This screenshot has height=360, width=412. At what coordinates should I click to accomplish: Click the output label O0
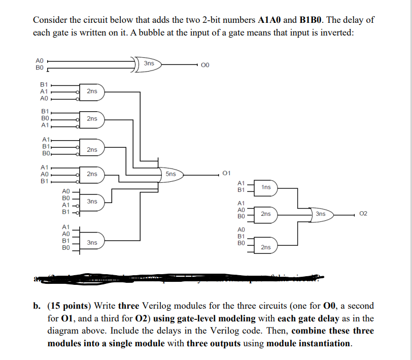pos(205,65)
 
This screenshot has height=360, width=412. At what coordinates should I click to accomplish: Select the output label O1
pos(227,174)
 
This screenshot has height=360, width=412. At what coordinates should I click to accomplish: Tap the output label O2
pos(362,214)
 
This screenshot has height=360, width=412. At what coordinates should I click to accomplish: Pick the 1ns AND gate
pos(266,187)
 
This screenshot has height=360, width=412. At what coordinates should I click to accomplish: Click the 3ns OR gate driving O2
pos(321,214)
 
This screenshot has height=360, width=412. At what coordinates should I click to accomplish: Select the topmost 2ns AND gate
pos(92,92)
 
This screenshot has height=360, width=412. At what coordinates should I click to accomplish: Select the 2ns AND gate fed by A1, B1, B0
pos(92,149)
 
